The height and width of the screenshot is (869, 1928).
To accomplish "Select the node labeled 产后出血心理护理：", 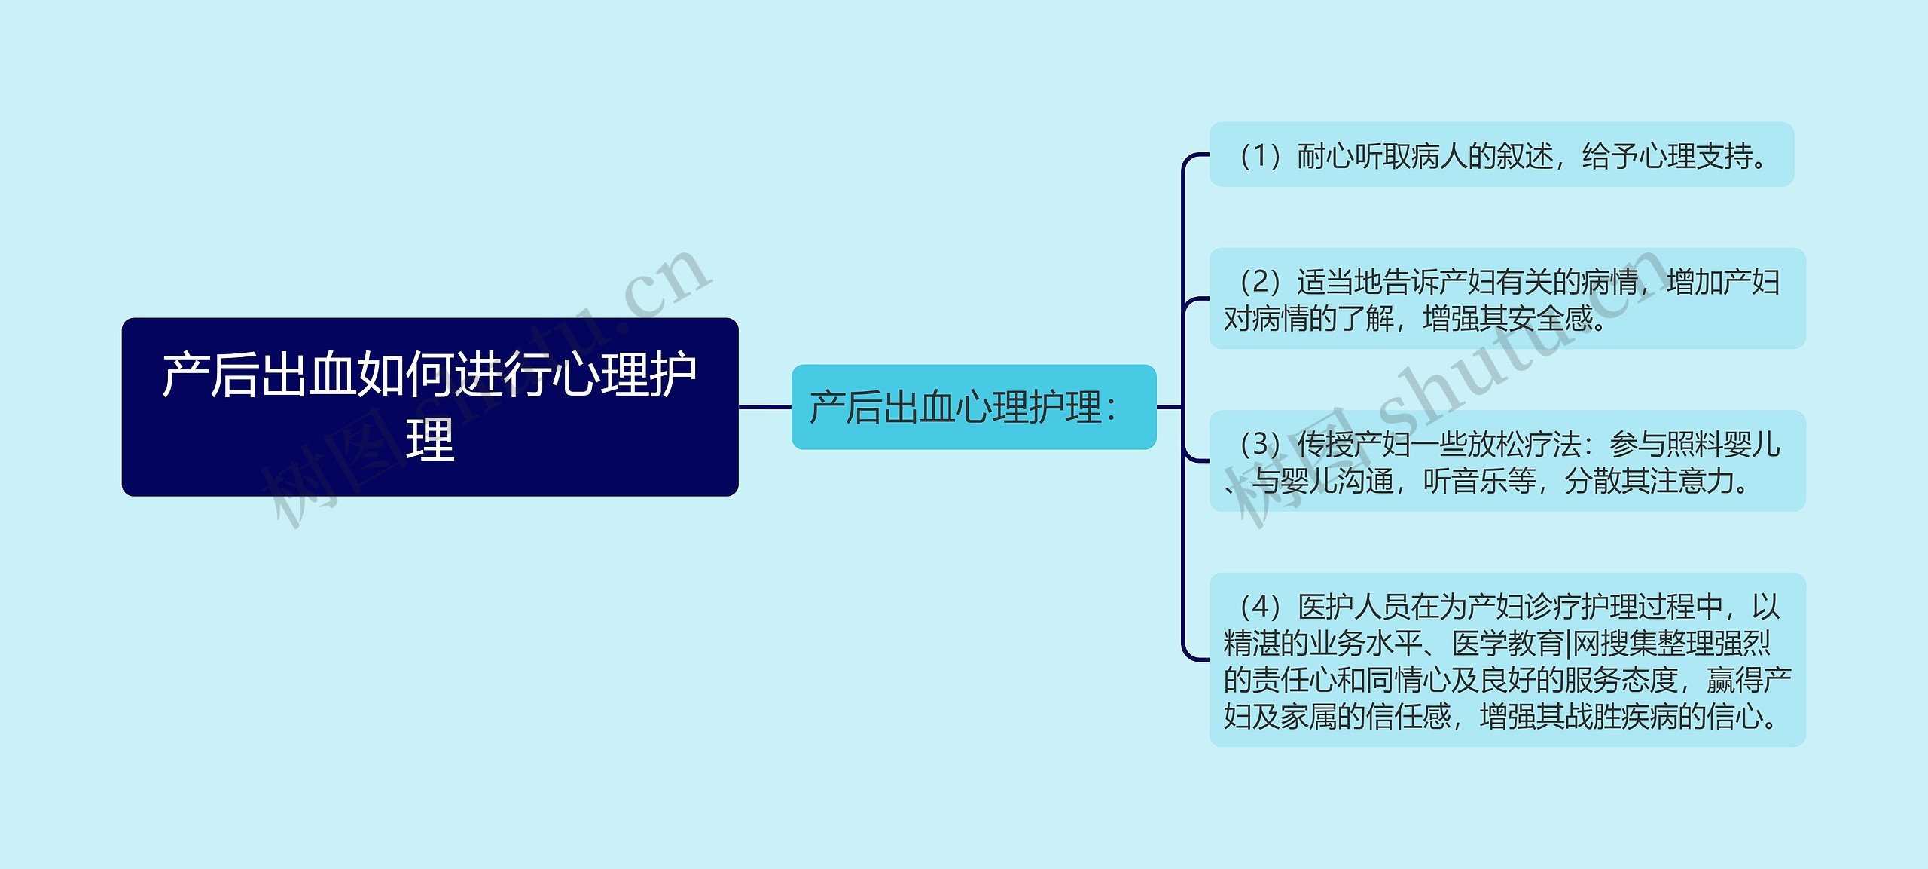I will (973, 407).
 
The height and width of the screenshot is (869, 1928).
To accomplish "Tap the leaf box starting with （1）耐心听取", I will (1501, 155).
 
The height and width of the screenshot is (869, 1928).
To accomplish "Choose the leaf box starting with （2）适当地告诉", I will (1507, 299).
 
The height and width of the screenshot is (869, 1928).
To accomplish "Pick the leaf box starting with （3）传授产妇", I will (1507, 461).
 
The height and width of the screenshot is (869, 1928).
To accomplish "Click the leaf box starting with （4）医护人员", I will (1507, 660).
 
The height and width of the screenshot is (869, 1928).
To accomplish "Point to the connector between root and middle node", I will (764, 407).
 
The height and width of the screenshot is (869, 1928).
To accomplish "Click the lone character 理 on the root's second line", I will (430, 440).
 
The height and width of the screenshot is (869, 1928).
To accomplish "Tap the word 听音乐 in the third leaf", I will (1480, 481).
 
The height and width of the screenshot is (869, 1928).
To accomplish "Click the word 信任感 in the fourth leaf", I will (1408, 716).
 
